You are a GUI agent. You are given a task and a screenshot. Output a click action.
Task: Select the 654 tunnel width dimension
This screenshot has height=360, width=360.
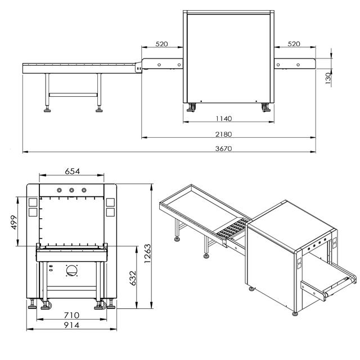71,170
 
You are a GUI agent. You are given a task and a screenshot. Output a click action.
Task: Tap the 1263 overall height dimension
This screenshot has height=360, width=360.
147,247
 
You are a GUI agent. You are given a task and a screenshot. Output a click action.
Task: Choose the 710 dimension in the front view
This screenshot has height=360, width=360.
71,315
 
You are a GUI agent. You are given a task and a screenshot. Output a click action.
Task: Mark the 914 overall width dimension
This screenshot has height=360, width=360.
71,325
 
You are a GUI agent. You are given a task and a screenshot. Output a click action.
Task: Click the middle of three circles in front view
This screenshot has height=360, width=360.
71,190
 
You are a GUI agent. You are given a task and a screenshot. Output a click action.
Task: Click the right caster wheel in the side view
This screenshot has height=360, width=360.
264,106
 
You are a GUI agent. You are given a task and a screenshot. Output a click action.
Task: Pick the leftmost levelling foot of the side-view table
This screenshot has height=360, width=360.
48,109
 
